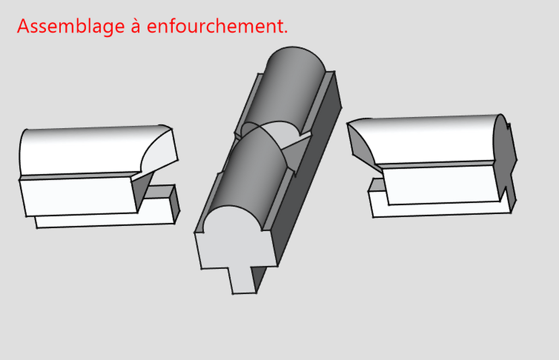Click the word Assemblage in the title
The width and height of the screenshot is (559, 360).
pos(70,27)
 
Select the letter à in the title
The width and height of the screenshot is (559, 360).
pos(135,26)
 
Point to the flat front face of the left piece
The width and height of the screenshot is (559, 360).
pos(79,195)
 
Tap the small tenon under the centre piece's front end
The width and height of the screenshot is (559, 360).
pos(243,280)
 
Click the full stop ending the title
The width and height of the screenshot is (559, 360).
pos(286,33)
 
